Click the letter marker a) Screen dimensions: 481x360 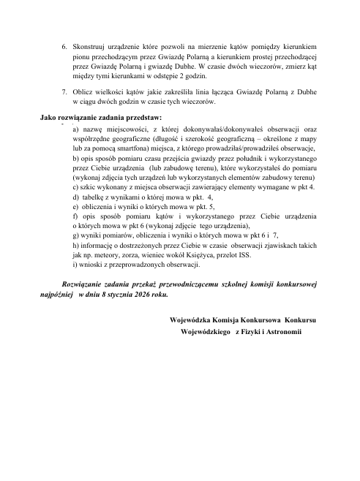(76, 127)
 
